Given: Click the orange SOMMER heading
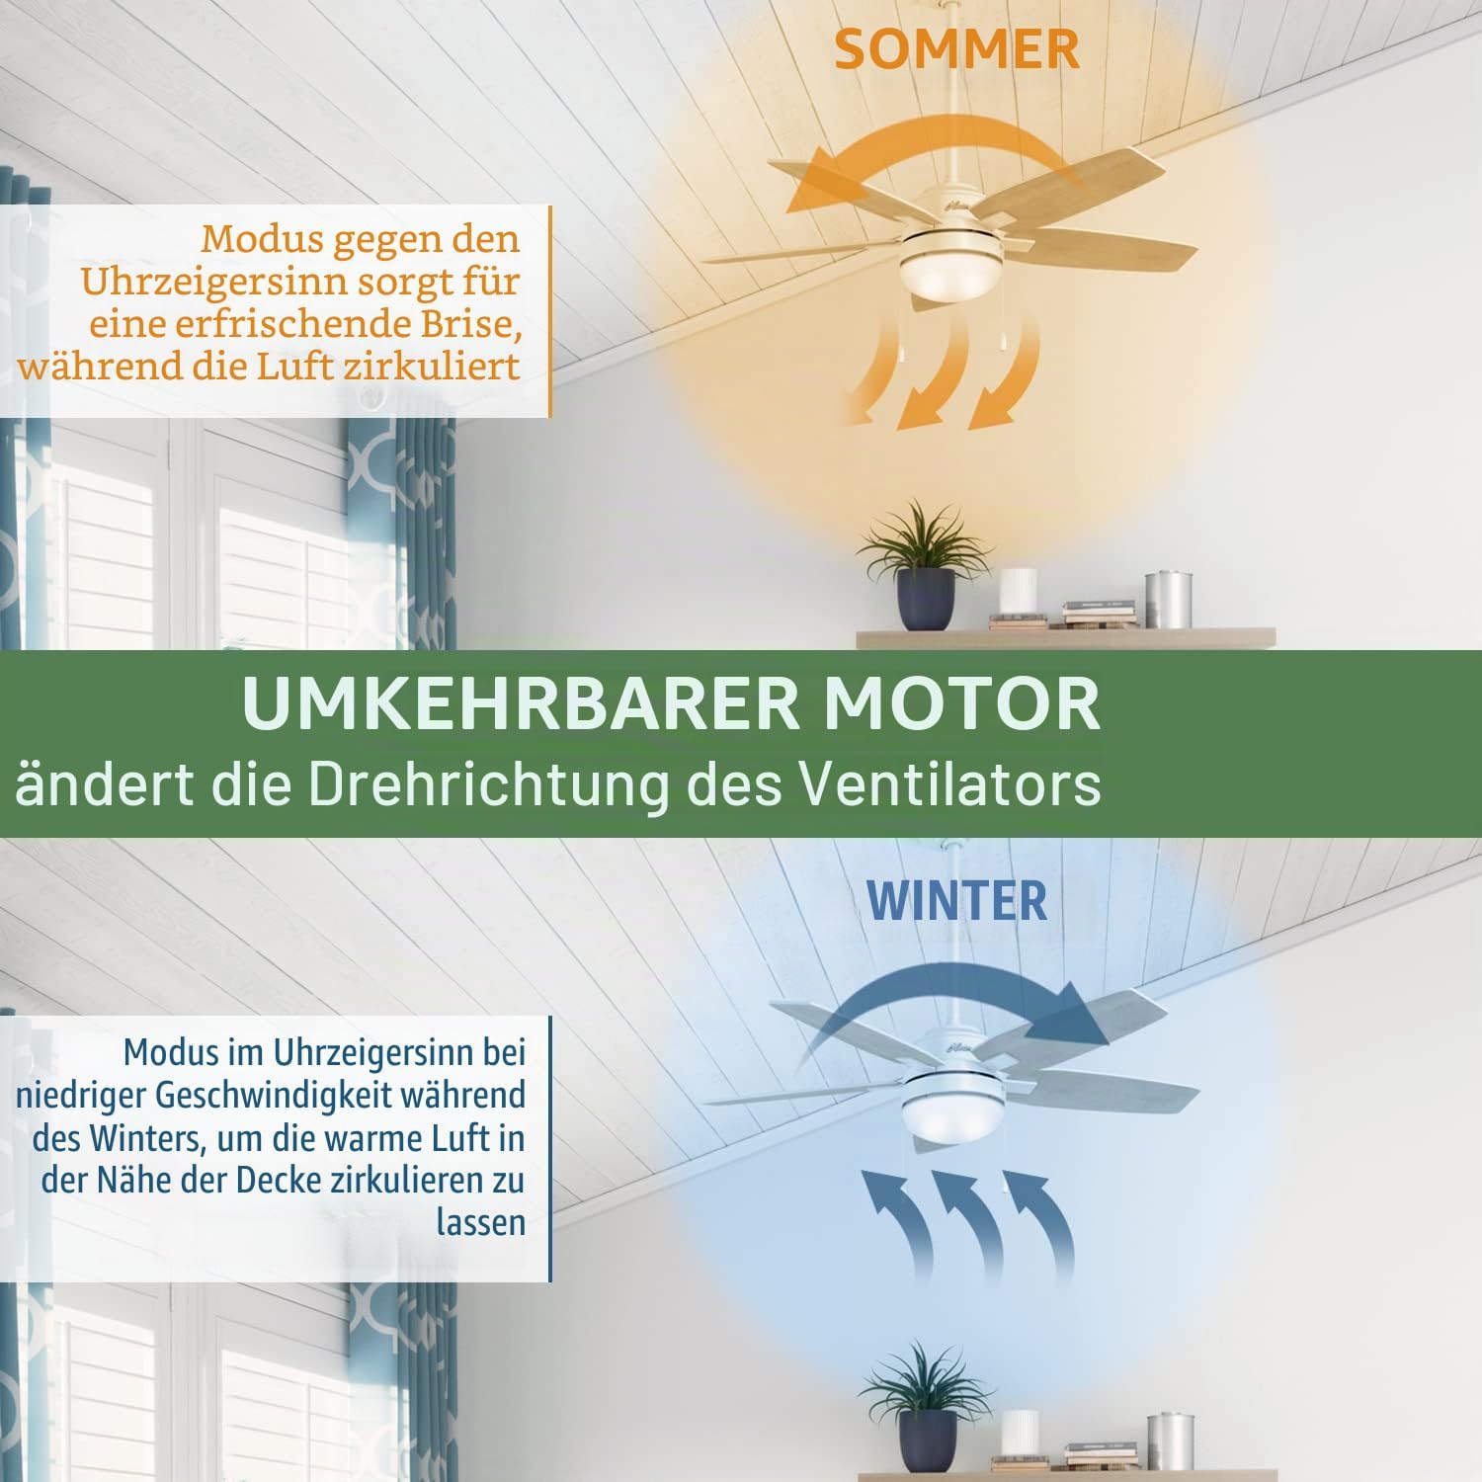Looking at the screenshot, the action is [956, 49].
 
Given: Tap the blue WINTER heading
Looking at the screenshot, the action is [956, 900].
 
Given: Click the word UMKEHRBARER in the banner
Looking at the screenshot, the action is [520, 703].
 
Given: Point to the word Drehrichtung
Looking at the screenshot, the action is [489, 785].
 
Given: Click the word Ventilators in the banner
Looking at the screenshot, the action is [949, 784].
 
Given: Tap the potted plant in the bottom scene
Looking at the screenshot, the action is [925, 1408].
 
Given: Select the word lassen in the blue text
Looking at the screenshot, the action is [480, 1222].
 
